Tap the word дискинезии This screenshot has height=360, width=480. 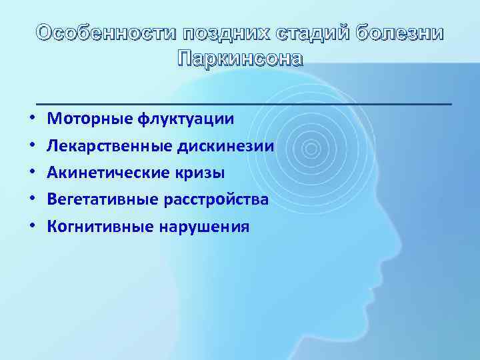coord(227,146)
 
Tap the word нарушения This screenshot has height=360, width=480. coord(205,227)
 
